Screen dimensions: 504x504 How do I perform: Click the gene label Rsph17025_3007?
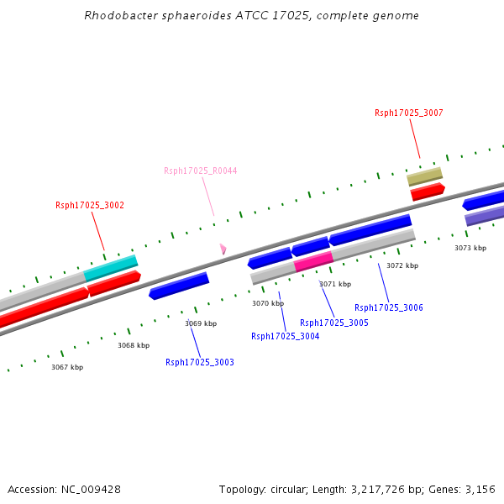click(408, 113)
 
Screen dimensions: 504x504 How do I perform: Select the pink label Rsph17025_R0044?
click(200, 171)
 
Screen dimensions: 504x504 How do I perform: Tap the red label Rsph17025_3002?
click(90, 205)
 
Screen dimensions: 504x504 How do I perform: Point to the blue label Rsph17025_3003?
click(200, 363)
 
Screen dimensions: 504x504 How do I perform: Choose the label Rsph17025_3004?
click(286, 337)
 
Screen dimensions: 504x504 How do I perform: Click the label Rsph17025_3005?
click(334, 323)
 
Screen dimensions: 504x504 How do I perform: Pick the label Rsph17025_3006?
click(389, 308)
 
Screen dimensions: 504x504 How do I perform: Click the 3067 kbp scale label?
click(67, 367)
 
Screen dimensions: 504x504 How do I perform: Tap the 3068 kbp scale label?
click(134, 345)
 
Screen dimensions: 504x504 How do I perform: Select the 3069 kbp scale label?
click(201, 323)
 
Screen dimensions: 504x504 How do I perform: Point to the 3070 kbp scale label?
click(268, 303)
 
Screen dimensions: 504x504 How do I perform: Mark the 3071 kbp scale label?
click(334, 284)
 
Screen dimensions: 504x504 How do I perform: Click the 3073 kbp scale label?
click(470, 248)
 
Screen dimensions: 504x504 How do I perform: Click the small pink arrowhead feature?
click(223, 249)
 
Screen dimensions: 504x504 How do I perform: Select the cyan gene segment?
click(110, 267)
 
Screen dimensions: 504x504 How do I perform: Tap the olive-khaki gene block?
click(424, 176)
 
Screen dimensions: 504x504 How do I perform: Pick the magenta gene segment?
click(313, 260)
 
